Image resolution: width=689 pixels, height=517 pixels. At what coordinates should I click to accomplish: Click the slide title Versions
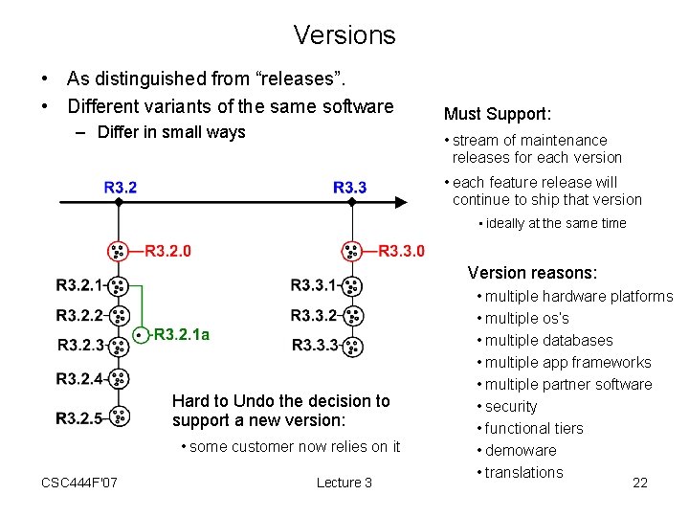coord(344,35)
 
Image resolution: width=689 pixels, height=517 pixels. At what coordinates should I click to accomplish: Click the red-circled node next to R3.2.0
coord(118,251)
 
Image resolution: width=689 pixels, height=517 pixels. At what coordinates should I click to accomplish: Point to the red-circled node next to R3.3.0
coord(353,251)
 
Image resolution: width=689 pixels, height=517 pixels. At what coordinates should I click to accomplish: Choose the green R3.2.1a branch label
coord(182,335)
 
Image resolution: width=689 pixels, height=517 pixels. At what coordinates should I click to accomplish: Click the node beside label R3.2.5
coord(119,416)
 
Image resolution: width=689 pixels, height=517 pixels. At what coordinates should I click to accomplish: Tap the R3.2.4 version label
coord(78,379)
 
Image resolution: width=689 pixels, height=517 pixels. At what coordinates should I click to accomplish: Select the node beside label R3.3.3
coord(352,346)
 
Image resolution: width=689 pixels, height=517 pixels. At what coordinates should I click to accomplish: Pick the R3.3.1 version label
coord(313,285)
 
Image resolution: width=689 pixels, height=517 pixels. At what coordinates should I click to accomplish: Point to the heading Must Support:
coord(497,115)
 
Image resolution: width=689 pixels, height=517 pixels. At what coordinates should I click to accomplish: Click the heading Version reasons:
coord(531,273)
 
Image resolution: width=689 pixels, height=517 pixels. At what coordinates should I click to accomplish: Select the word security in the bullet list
coord(511,406)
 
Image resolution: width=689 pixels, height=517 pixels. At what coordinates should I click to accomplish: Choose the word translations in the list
coord(523,472)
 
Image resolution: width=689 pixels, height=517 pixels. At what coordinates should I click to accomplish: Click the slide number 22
coord(640,483)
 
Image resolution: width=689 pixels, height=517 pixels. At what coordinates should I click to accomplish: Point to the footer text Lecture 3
coord(344,483)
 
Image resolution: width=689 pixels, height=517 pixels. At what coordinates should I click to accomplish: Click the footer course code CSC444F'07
coord(80,483)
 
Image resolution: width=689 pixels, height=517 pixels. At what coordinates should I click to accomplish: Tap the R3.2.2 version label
coord(78,315)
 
